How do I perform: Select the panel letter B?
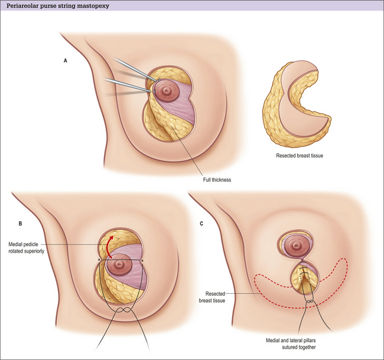click(x=21, y=224)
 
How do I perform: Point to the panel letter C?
click(x=202, y=224)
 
